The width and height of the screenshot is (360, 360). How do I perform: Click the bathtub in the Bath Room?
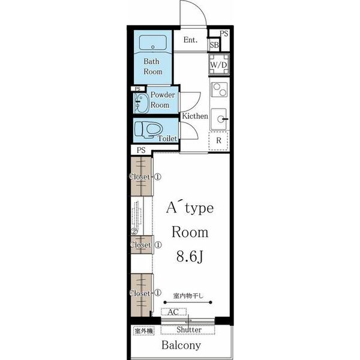152,42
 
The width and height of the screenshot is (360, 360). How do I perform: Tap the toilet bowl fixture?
149,130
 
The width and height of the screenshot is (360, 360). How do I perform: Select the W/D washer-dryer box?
219,65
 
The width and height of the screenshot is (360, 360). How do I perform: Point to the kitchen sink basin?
219,119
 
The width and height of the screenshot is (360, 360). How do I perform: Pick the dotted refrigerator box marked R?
218,141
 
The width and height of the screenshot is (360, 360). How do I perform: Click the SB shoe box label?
214,45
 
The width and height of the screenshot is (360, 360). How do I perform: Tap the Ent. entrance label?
190,40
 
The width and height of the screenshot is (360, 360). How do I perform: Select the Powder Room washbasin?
141,103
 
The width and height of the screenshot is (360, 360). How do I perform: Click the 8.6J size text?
190,256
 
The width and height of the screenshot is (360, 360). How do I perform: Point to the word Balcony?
181,345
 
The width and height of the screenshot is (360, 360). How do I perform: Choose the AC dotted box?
174,312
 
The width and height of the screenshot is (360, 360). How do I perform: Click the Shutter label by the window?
189,329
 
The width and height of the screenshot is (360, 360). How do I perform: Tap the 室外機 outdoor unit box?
144,331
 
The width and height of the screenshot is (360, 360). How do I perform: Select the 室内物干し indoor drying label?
188,296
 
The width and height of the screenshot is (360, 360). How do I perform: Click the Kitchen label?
195,116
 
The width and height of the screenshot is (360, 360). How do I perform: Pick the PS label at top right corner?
224,34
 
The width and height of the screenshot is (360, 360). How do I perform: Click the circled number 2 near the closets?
134,232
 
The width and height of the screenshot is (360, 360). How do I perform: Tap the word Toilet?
168,139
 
